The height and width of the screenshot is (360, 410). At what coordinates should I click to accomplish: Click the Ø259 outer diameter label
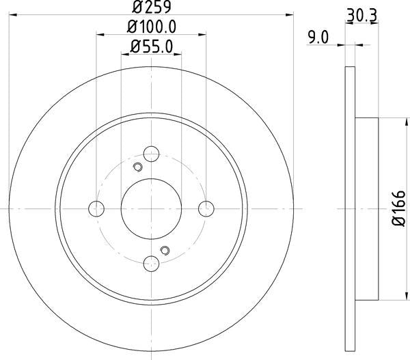point(152,8)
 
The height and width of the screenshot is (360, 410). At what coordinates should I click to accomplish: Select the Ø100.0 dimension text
point(152,28)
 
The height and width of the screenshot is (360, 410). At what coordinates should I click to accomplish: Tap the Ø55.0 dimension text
point(152,48)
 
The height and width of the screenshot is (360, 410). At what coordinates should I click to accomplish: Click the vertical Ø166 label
point(400,208)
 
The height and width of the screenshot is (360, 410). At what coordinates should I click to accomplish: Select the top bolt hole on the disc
point(152,154)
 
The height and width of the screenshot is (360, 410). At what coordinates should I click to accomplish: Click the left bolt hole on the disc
point(97,208)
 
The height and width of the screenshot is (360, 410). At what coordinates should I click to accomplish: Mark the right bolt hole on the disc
point(206,208)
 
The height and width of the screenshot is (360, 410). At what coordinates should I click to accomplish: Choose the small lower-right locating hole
point(163,250)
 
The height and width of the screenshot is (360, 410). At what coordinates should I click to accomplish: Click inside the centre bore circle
point(152,208)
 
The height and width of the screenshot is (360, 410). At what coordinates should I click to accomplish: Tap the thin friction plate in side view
point(350,208)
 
